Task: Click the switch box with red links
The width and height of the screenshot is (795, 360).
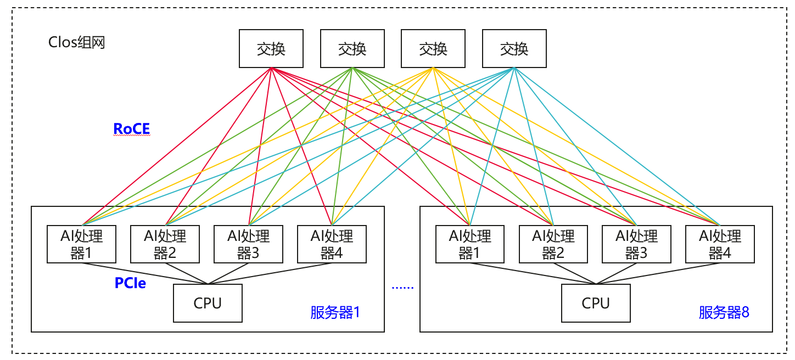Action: point(271,49)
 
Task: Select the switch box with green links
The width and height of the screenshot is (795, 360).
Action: point(352,49)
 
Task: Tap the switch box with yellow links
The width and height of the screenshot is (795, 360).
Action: point(433,49)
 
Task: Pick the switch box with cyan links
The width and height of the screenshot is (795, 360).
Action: point(514,49)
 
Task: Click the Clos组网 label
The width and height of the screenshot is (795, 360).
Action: point(76,43)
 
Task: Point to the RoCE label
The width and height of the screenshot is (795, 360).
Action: point(131,129)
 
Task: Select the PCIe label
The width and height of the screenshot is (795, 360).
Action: point(130,283)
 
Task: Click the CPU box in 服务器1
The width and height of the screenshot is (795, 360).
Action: point(208,303)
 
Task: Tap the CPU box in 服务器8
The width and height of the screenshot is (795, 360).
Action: point(596,303)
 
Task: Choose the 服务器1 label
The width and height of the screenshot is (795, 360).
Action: point(335,313)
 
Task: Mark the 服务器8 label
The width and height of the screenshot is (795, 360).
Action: point(724,313)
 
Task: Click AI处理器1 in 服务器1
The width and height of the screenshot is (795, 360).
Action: point(81,244)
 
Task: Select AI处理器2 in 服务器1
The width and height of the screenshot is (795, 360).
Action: point(165,244)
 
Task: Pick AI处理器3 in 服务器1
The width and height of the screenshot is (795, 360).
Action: point(249,244)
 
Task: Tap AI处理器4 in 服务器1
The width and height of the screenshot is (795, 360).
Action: point(332,244)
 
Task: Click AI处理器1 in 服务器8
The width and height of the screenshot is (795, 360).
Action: point(469,244)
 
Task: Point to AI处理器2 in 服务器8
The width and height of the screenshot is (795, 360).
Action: point(553,244)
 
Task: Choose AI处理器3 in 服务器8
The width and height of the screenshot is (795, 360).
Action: point(636,244)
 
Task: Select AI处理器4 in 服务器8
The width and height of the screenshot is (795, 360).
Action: point(720,244)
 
